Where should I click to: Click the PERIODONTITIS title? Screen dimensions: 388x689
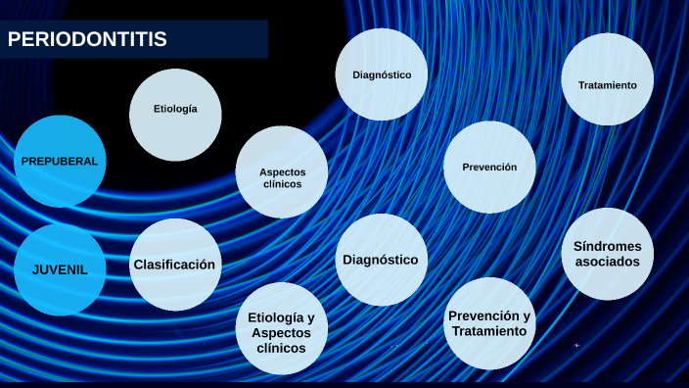88,40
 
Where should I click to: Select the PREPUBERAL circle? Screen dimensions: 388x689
60,161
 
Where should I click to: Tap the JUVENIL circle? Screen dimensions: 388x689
60,269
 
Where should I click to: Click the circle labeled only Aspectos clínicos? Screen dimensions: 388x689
282,172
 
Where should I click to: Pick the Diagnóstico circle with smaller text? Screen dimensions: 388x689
381,75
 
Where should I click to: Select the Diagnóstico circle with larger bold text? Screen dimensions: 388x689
381,260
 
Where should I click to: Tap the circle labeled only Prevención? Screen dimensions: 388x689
489,167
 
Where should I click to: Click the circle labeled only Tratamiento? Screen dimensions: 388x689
607,85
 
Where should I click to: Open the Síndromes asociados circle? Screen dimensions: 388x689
608,254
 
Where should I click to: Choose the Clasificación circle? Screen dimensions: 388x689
174,265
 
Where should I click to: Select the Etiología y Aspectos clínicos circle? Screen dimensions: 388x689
282,328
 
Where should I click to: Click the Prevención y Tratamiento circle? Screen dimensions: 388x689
489,323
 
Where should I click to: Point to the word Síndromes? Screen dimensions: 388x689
608,246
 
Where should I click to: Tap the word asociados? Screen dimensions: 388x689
608,263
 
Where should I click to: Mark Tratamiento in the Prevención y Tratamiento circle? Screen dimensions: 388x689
489,331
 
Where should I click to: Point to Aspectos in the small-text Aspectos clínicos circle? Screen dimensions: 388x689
282,172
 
